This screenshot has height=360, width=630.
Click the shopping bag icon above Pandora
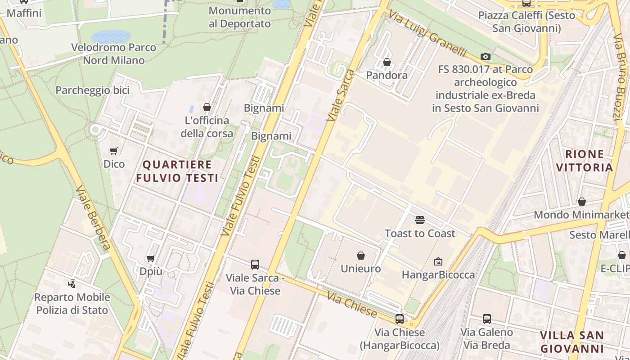pos(387,62)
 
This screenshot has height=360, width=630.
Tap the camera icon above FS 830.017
pos(485,56)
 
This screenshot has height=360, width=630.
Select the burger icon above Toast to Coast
pos(420,220)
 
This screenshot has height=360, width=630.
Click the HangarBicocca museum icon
pos(438,261)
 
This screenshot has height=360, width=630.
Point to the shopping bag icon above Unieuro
pos(360,256)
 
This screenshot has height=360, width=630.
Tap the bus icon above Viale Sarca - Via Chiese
pos(255,265)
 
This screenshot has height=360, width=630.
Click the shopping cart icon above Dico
pos(114,151)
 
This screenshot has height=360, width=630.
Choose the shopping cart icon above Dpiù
pos(151,258)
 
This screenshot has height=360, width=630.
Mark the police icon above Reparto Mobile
pos(72,284)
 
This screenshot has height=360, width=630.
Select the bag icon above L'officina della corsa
pos(207,107)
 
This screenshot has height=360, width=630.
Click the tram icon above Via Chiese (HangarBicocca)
pos(399,319)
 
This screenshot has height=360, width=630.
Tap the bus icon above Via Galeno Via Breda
pos(486,319)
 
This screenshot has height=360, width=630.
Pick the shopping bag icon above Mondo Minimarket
pos(582,202)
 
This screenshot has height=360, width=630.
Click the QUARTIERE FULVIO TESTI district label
pos(177,171)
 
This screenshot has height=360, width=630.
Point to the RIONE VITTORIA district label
pos(584,161)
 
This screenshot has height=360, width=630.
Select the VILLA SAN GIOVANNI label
pos(571,342)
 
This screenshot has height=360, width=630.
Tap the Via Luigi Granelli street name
pos(427,34)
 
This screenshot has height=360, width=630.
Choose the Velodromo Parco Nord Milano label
pos(114,54)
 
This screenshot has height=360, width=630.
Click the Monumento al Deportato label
pos(240,17)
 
